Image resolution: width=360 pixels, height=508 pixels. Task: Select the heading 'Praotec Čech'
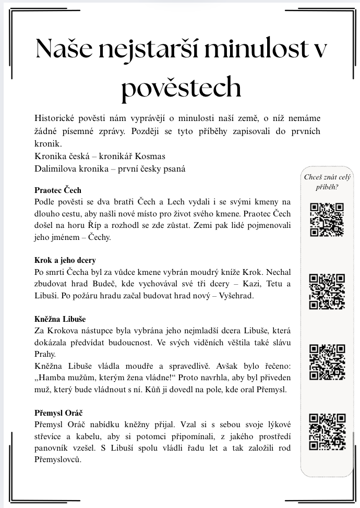point(58,190)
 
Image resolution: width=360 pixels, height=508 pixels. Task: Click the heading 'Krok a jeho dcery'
point(65,260)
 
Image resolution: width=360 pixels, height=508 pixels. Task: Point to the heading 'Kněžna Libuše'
point(60,319)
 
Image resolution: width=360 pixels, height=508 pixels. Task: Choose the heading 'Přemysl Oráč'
point(59,413)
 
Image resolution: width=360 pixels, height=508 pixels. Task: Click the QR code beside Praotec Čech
point(327,220)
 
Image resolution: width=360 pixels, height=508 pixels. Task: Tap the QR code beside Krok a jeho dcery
point(327,291)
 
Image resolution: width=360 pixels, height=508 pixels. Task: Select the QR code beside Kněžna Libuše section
point(327,361)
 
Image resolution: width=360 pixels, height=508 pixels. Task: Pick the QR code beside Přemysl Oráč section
point(327,431)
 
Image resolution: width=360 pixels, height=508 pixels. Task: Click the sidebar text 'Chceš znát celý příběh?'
point(327,182)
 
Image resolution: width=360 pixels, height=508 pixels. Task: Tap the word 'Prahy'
point(44,354)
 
